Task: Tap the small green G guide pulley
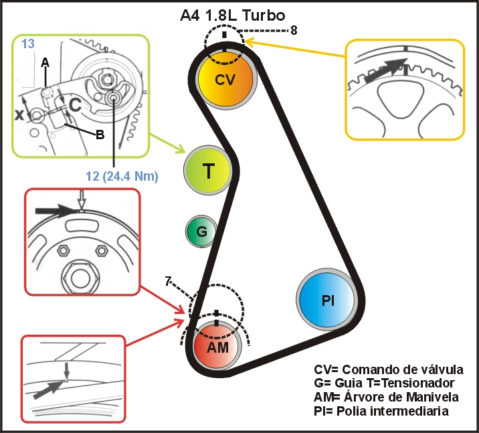(201, 232)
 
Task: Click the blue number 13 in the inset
(28, 44)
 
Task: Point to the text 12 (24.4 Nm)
(122, 177)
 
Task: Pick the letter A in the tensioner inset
(45, 62)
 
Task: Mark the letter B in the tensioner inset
(100, 134)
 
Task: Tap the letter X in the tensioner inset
(21, 114)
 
